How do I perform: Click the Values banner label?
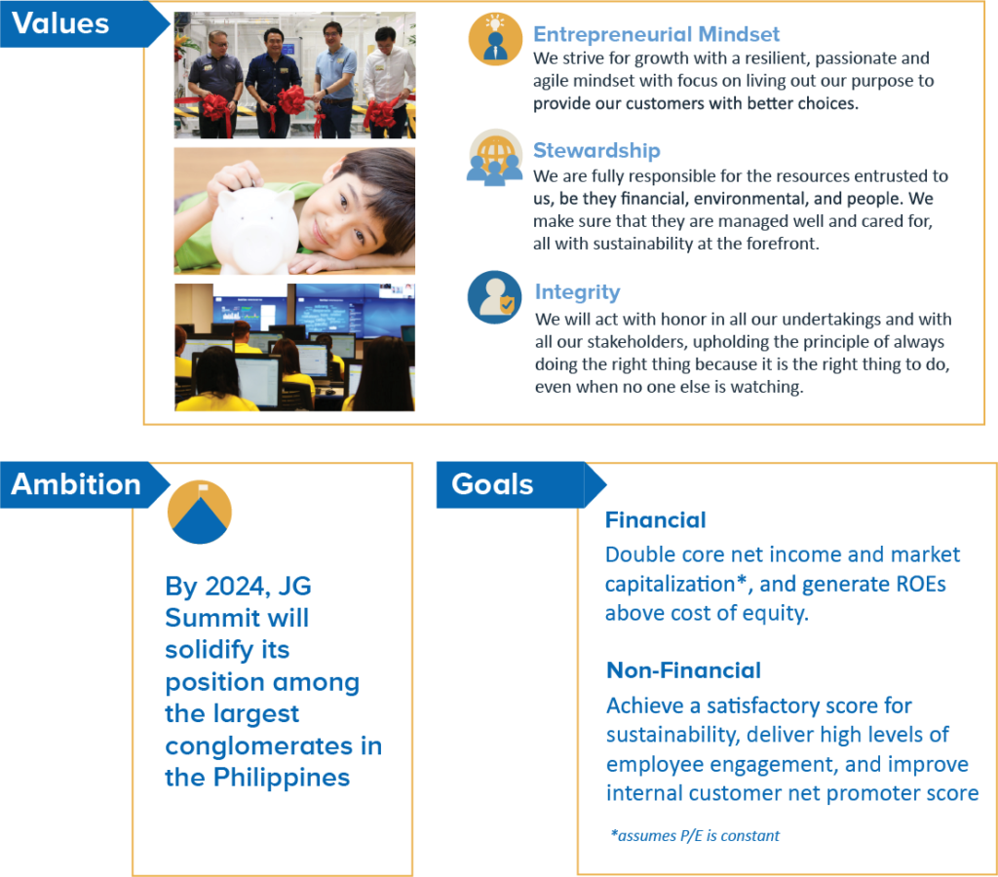pos(60,22)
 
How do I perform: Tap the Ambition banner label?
pos(76,484)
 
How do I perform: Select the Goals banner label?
pos(492,484)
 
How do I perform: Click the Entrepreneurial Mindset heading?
pos(656,35)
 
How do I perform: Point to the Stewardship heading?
pos(596,150)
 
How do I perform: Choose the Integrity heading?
pos(577,291)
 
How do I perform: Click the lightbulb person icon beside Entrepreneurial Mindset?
pos(495,39)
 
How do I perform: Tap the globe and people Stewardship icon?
pos(495,157)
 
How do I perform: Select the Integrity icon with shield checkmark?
pos(495,297)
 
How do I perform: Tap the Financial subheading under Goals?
pos(655,520)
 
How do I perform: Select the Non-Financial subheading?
pos(683,670)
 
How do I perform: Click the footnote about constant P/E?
pos(695,835)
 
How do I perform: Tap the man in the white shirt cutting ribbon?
pos(390,78)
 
